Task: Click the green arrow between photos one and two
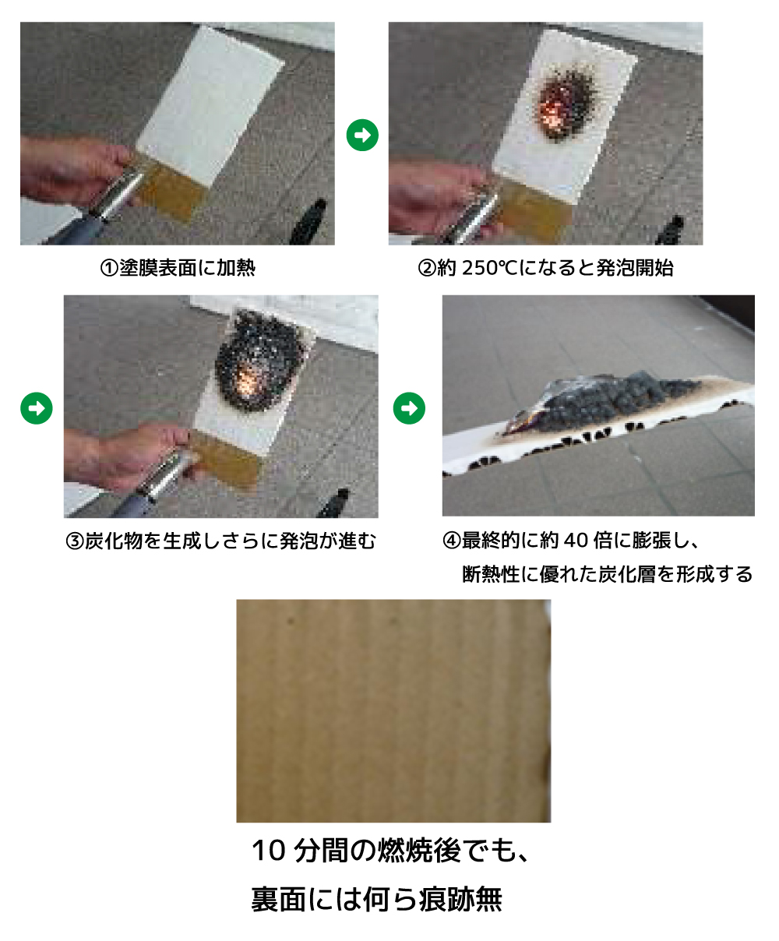click(x=362, y=136)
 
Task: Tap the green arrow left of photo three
click(x=37, y=408)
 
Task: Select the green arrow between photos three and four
click(x=409, y=408)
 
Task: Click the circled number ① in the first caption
click(x=108, y=268)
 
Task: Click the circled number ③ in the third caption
click(x=75, y=541)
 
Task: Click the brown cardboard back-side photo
click(x=393, y=710)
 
